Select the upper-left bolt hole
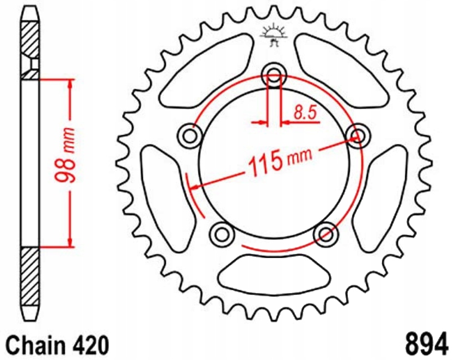(x=190, y=134)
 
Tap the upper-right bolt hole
(x=356, y=134)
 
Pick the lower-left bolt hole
(x=222, y=233)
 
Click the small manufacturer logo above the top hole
(x=273, y=34)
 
